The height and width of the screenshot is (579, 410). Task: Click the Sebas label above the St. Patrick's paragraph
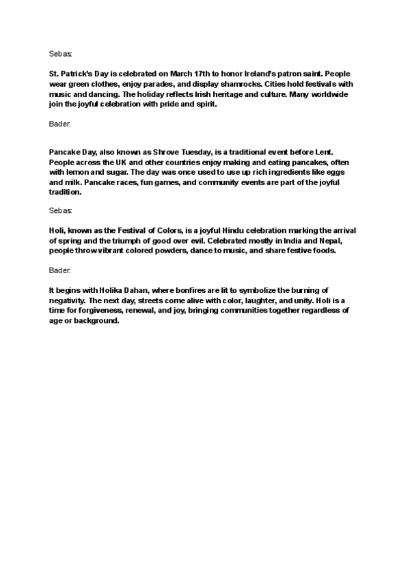(61, 53)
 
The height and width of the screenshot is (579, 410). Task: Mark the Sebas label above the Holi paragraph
(61, 210)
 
